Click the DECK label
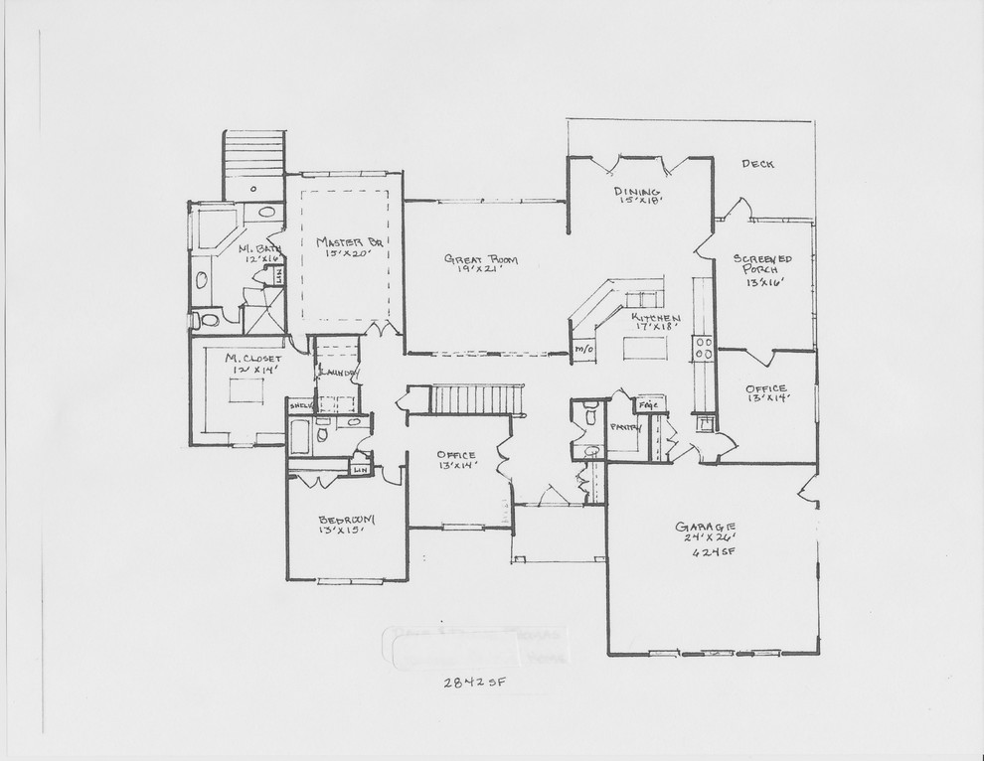point(757,164)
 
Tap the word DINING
point(631,192)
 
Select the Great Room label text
point(481,259)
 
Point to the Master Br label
point(343,241)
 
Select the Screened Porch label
point(756,264)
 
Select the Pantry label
point(626,427)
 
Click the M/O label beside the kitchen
point(583,350)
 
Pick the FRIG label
point(650,405)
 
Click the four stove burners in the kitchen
point(703,348)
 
